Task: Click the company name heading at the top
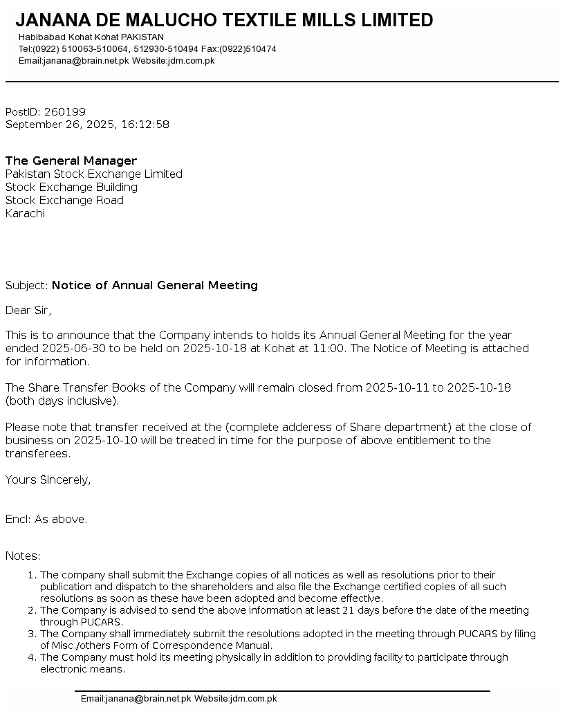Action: click(224, 21)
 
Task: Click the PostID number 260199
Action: click(64, 112)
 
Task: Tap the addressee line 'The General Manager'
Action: click(71, 161)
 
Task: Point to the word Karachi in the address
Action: click(25, 214)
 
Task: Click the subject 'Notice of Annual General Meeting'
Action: click(155, 286)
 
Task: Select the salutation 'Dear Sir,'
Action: click(28, 310)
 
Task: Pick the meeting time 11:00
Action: click(328, 349)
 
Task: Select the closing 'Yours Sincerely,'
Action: click(48, 480)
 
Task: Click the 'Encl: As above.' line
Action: click(46, 520)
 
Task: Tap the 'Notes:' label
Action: click(23, 556)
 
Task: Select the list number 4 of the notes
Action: click(31, 658)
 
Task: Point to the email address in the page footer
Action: click(136, 699)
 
